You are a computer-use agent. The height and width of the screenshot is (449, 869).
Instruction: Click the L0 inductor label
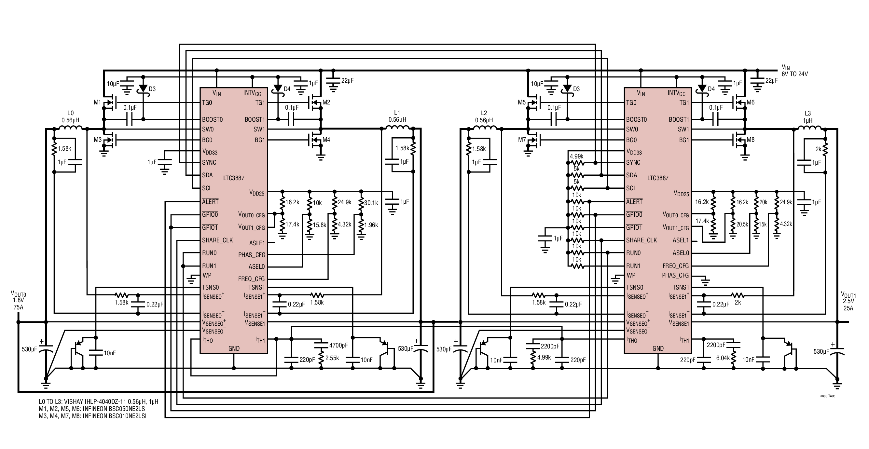click(71, 116)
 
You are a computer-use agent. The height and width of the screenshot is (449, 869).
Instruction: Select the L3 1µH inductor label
click(807, 117)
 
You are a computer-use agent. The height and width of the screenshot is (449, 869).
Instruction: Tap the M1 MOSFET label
click(97, 102)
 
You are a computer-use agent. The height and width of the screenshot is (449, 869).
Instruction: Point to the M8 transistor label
click(751, 140)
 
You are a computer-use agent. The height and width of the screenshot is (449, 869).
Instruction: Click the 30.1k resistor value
click(371, 203)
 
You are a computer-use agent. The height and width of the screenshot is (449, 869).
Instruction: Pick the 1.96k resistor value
click(371, 225)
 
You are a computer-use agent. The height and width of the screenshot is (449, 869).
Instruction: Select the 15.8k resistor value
click(320, 225)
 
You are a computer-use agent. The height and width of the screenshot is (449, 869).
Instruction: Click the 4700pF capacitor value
click(338, 345)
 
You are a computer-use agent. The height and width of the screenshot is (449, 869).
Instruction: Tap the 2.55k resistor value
click(332, 358)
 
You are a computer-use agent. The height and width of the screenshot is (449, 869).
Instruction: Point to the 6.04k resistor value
click(723, 358)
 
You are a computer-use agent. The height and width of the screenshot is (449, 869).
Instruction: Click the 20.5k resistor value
click(742, 224)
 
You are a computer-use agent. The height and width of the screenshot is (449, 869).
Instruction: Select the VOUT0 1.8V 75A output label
click(19, 301)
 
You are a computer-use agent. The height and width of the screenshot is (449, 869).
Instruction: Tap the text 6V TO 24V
click(795, 74)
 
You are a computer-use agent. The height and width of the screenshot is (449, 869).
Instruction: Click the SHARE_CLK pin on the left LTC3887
click(218, 240)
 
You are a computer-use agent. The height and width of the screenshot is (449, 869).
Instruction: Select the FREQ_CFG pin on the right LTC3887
click(676, 266)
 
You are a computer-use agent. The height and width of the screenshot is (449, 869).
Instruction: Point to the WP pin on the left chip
click(207, 275)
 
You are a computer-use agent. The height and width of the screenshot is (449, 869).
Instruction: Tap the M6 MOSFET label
click(751, 102)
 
